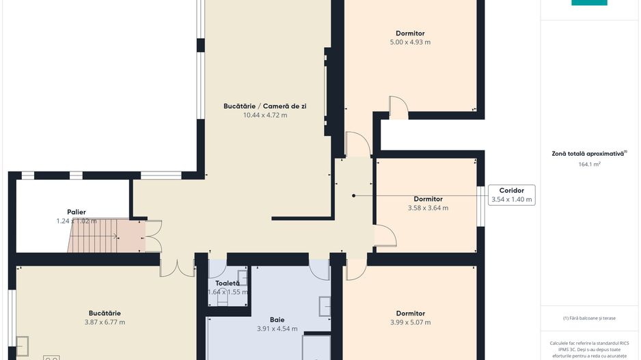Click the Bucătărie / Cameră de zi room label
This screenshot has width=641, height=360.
[265, 106]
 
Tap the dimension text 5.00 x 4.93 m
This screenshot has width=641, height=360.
[410, 42]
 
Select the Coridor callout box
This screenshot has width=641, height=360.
[511, 195]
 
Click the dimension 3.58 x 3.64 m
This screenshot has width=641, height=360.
[428, 208]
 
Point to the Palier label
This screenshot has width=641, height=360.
[77, 212]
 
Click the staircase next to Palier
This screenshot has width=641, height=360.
[96, 236]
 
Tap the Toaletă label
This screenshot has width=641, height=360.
[228, 283]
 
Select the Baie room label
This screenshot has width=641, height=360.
[277, 319]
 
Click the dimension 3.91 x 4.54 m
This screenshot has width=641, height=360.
[277, 329]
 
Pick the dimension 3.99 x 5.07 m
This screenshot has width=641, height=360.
[410, 322]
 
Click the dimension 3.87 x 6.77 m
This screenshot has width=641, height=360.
[105, 322]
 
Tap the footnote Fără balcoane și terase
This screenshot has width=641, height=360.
[589, 318]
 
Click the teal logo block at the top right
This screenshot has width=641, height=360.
[589, 3]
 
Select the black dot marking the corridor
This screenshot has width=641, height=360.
[353, 195]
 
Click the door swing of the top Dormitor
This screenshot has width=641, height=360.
[398, 107]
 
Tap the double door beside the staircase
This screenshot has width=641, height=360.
[153, 236]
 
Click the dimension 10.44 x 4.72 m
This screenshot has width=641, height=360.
[265, 115]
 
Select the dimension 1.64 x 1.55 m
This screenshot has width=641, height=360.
[228, 292]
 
